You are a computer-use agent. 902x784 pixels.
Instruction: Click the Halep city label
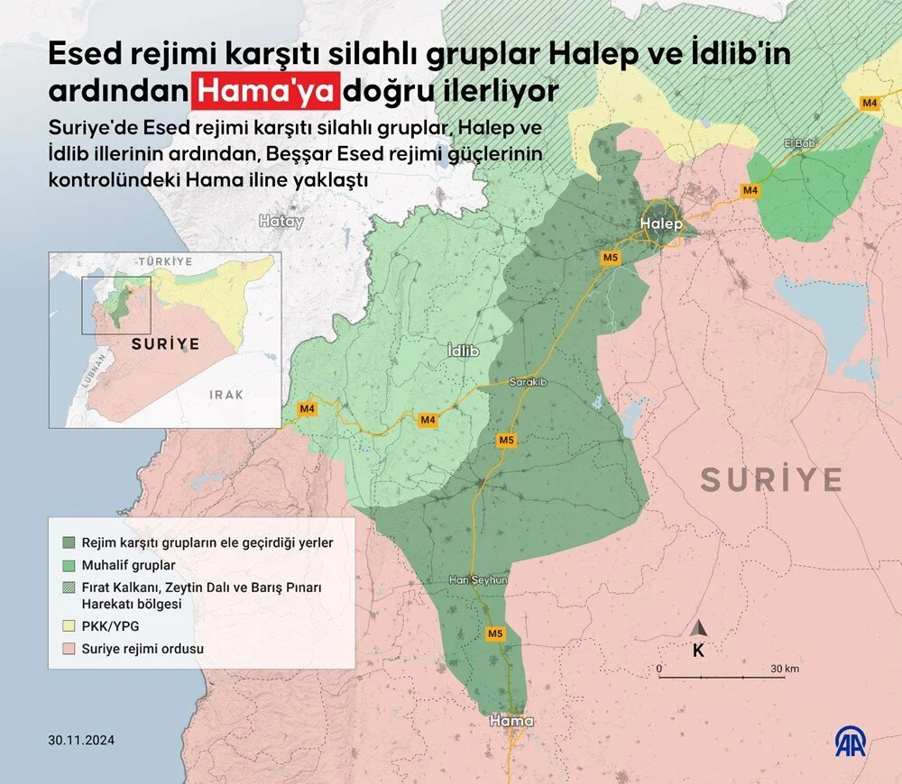(662, 223)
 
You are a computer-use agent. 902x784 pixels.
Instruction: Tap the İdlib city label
(463, 351)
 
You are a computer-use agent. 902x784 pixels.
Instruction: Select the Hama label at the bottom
(511, 721)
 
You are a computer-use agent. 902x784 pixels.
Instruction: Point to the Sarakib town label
(529, 382)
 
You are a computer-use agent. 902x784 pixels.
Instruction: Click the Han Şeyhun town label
(478, 581)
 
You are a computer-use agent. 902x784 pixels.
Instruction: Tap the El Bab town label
(799, 143)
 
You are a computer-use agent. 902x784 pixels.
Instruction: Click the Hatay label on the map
(281, 221)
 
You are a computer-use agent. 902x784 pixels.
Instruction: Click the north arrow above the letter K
(698, 628)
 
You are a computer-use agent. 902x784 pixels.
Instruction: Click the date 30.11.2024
(82, 741)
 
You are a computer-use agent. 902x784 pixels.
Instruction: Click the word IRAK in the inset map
(225, 395)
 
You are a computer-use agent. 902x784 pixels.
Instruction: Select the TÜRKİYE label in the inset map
(165, 260)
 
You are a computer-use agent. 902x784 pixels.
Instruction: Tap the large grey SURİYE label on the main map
(771, 479)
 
